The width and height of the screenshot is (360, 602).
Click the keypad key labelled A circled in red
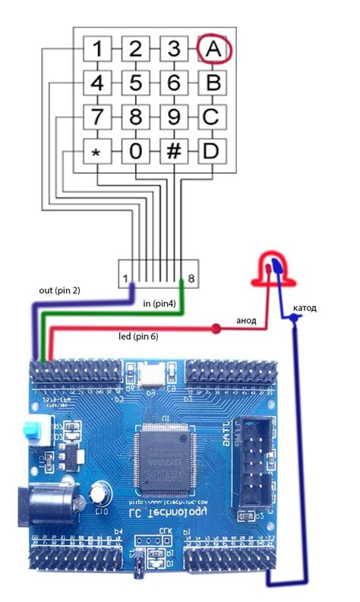pos(213,49)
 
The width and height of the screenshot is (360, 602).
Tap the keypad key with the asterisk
pos(96,151)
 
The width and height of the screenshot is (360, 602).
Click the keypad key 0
pos(135,151)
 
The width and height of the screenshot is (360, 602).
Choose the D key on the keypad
pos(213,151)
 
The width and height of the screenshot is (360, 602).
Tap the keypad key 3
pos(174,49)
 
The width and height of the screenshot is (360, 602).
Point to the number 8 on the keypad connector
pos(192,280)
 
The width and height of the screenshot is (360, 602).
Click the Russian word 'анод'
pos(245,322)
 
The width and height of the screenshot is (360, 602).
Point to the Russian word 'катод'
pos(303,308)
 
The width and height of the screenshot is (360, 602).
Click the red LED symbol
pos(270,270)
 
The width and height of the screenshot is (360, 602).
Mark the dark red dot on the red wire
pos(216,329)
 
